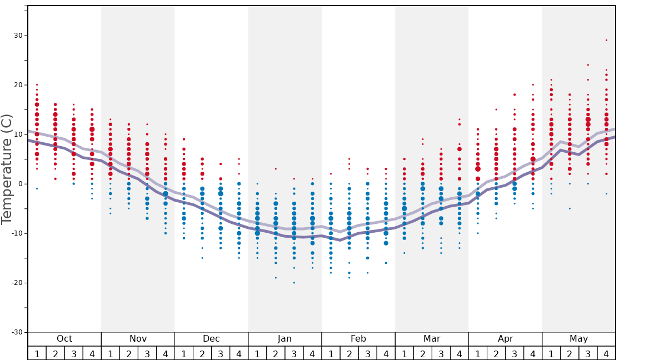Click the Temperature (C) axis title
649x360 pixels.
click(x=7, y=169)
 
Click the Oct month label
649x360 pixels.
click(x=64, y=339)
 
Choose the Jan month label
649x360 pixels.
click(x=284, y=339)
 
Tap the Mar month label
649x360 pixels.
click(x=432, y=339)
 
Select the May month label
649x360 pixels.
click(x=578, y=339)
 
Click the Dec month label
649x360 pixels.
click(x=211, y=339)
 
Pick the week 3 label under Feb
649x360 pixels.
click(x=367, y=353)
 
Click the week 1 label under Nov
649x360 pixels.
click(x=111, y=353)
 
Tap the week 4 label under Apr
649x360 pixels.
click(x=533, y=353)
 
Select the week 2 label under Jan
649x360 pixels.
click(x=276, y=353)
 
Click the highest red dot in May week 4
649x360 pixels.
click(x=606, y=40)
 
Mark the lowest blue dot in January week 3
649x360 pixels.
click(x=294, y=283)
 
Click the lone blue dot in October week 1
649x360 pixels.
click(x=37, y=189)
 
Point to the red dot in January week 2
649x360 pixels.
click(x=276, y=169)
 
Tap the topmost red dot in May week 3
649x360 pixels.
click(x=588, y=65)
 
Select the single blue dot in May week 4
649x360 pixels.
click(x=606, y=193)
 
